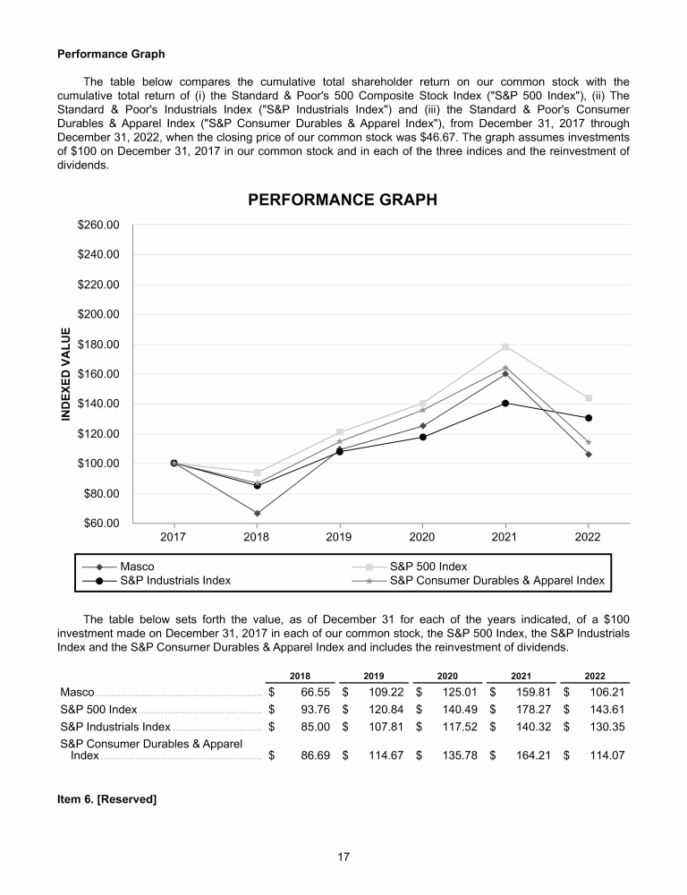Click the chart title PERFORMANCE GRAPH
click(343, 200)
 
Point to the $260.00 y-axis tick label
click(99, 225)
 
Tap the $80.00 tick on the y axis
click(102, 493)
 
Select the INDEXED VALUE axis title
click(66, 374)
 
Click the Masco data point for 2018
click(257, 513)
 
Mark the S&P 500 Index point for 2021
click(505, 346)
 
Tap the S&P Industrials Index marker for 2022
click(589, 418)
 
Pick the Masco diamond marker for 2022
click(589, 454)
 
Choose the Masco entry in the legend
click(136, 567)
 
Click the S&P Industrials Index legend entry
click(174, 580)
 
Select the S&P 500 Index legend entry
click(428, 567)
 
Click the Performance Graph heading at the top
click(111, 54)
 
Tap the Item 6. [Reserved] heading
click(107, 798)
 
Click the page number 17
click(343, 857)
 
